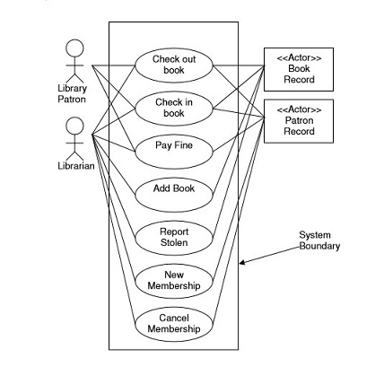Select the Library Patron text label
[73, 93]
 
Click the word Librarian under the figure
[76, 166]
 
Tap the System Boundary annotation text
[319, 240]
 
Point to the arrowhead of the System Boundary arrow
[240, 264]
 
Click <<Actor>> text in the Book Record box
[299, 57]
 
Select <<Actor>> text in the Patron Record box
[299, 109]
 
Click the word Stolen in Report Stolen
[174, 242]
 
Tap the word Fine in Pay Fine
[183, 145]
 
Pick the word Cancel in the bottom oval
[174, 318]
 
